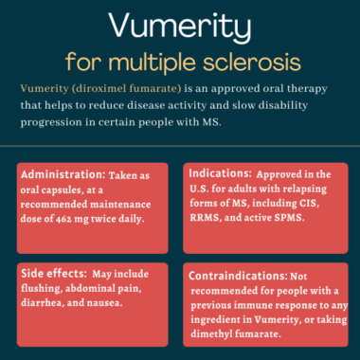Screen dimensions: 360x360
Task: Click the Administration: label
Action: [63, 177]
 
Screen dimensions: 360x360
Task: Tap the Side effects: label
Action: [55, 271]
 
